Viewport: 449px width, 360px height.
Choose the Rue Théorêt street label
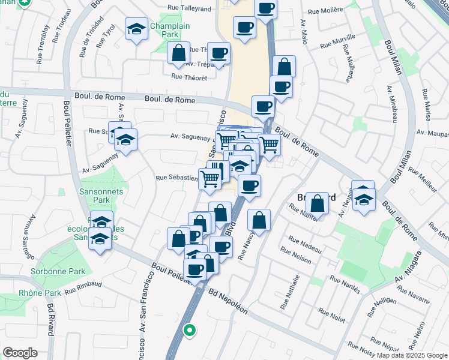click(189, 77)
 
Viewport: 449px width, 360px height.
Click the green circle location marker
click(189, 329)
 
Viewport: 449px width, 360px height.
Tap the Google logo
click(20, 353)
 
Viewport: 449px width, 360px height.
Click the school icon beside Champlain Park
click(136, 28)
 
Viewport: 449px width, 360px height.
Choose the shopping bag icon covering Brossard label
click(318, 204)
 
